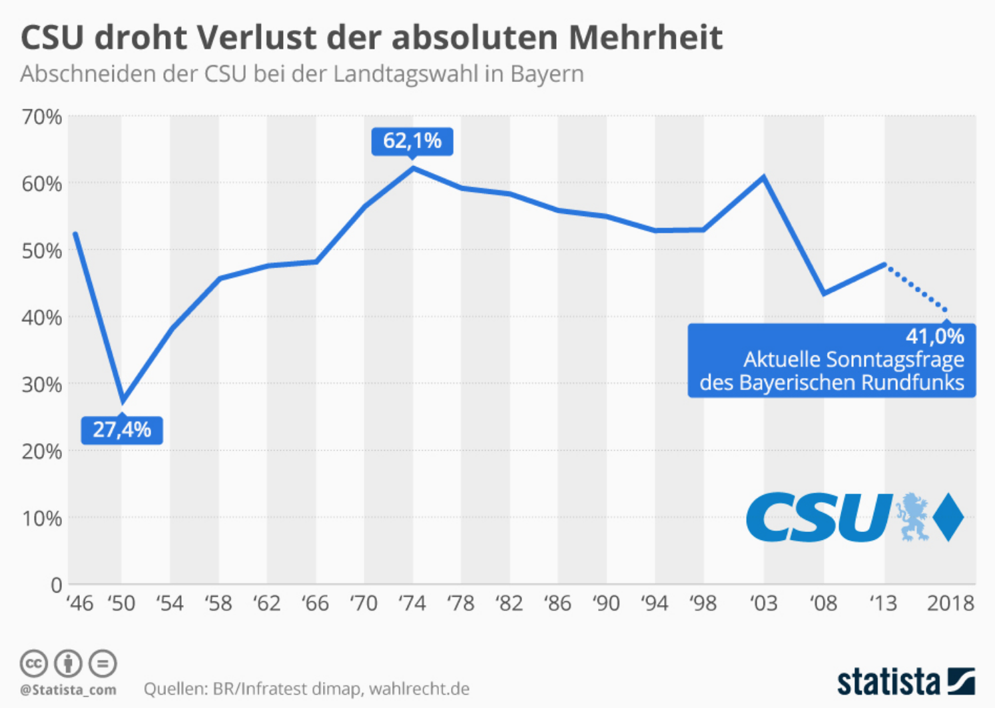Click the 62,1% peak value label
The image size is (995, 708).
[412, 141]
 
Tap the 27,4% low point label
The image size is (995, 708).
[122, 430]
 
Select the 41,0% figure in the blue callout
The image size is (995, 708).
[934, 336]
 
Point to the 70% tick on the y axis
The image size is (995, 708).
[41, 117]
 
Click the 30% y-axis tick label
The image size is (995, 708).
[41, 385]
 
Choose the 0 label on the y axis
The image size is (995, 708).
[56, 585]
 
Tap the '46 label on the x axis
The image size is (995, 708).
[80, 603]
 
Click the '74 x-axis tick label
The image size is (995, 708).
[412, 603]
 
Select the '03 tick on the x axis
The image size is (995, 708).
[763, 603]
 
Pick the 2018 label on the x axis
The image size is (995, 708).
[950, 603]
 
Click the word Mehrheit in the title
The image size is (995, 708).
[645, 37]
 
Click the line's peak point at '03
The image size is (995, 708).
[763, 177]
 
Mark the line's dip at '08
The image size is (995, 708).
[824, 293]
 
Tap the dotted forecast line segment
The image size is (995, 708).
[916, 287]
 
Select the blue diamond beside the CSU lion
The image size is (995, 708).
[948, 517]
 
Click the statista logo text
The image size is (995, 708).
[888, 682]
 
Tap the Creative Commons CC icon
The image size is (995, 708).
[33, 663]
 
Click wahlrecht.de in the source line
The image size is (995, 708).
[419, 689]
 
